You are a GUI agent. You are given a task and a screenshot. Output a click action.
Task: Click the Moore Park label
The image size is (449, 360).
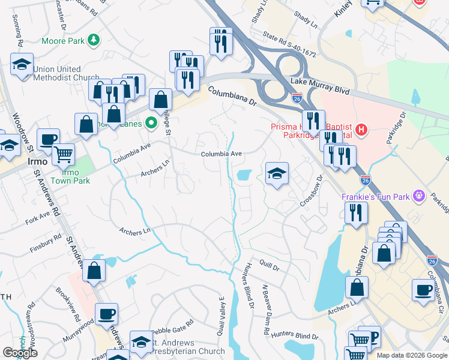pyautogui.click(x=63, y=41)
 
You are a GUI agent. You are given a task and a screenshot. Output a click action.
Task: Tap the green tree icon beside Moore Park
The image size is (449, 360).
pyautogui.click(x=93, y=40)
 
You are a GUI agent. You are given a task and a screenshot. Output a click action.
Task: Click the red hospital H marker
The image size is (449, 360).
pyautogui.click(x=361, y=128)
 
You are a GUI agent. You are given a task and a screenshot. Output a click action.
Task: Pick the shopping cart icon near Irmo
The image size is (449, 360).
pyautogui.click(x=62, y=154)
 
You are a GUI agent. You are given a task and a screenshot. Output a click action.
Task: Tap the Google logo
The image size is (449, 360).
pyautogui.click(x=20, y=353)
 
